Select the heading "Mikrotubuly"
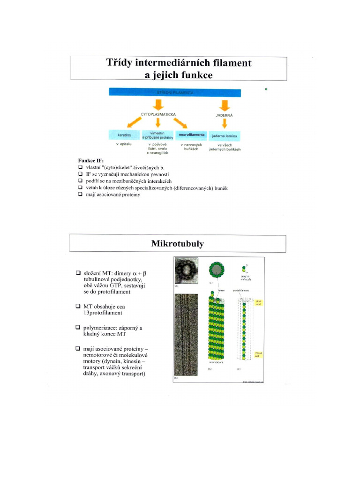178,243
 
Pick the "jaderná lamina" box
225,135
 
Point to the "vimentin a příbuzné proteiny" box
158,135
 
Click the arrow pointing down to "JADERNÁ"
225,104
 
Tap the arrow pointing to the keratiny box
134,123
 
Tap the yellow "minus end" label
257,356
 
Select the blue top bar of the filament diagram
175,92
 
